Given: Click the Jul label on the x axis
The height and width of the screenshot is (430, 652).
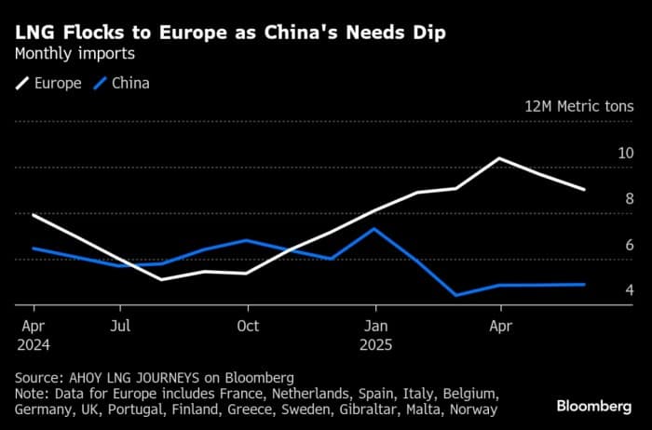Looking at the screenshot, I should click(x=120, y=327).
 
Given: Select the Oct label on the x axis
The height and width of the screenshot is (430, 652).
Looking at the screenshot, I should click(x=248, y=327).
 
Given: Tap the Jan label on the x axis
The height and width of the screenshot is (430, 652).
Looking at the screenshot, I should click(x=376, y=327).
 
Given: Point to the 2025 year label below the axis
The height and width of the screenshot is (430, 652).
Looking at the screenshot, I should click(x=376, y=344).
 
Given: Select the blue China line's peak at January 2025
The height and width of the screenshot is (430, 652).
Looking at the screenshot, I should click(x=374, y=228).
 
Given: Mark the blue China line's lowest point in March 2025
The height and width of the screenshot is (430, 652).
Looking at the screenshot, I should click(x=456, y=296).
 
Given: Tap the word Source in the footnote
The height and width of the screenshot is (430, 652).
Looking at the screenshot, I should click(x=38, y=378).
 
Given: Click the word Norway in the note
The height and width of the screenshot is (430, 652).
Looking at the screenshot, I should click(x=473, y=410).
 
